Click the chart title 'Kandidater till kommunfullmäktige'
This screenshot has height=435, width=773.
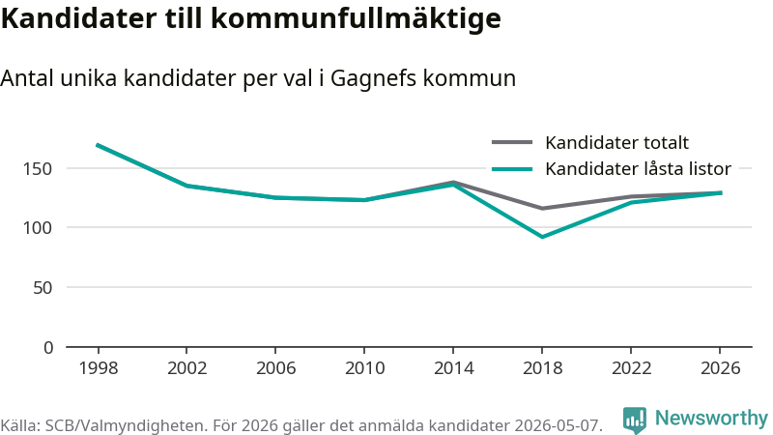251,18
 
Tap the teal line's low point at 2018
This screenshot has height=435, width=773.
542,237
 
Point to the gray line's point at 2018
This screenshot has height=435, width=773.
542,208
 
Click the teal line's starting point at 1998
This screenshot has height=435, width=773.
98,145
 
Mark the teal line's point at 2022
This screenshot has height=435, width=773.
631,202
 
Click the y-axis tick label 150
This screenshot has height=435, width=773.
38,168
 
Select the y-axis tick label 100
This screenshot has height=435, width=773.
38,228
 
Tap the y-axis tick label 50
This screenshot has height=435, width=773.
43,287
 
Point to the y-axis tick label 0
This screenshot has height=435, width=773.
47,348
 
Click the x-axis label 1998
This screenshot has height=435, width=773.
99,368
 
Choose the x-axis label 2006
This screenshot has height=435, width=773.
275,368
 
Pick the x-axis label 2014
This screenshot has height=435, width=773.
453,368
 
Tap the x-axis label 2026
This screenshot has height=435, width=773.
720,368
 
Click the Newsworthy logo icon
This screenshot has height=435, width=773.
635,420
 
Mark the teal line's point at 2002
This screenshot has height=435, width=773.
186,186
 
